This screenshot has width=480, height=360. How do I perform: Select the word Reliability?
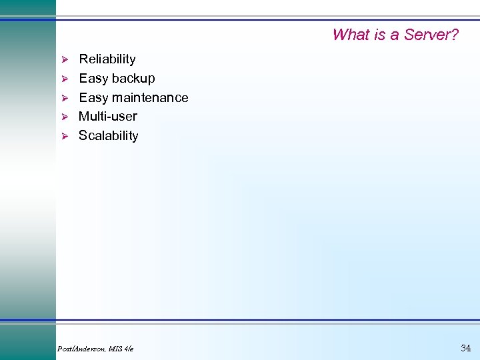point(107,59)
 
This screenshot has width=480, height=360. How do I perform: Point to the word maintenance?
point(150,98)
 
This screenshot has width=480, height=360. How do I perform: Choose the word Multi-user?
point(108,117)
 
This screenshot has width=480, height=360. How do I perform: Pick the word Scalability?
point(109,136)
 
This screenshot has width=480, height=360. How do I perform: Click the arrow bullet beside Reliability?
point(65,60)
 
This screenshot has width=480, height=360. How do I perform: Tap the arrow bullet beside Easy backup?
point(65,79)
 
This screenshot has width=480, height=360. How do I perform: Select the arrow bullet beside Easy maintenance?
point(65,98)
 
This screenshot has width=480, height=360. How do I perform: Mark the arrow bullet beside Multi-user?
point(65,117)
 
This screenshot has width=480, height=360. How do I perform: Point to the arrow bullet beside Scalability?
point(65,136)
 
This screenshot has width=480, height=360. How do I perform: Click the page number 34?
point(465,347)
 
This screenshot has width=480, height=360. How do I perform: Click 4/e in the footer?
point(129,349)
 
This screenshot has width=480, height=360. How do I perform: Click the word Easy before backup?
point(93,79)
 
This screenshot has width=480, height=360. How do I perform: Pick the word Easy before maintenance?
point(93,98)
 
